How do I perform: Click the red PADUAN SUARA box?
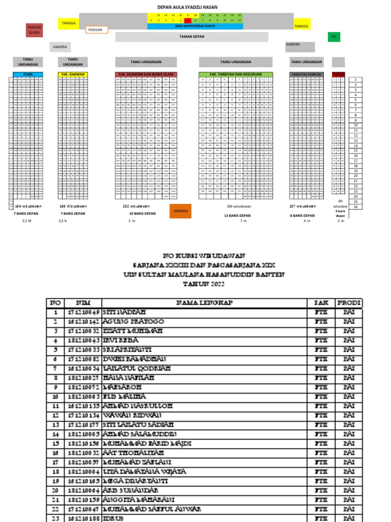point(35,30)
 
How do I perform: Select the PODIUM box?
point(96,30)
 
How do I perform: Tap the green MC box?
point(334,37)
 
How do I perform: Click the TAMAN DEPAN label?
point(191,37)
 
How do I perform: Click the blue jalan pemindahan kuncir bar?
point(195,25)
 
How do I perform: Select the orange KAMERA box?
point(180,211)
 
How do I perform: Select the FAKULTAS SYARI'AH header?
point(305,74)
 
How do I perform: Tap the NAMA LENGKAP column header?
point(205,303)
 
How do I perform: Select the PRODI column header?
point(349,303)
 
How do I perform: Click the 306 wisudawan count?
point(237,206)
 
